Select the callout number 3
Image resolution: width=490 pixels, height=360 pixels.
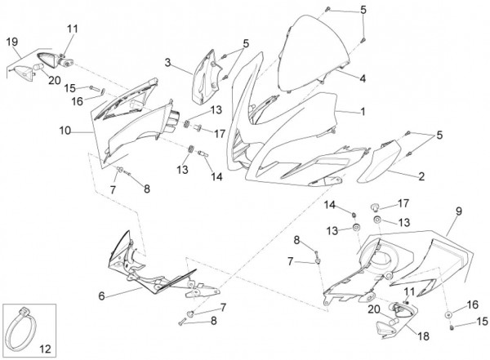(x=167, y=62)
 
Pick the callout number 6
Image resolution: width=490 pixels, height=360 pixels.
(x=102, y=296)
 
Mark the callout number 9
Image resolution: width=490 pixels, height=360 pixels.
(x=458, y=211)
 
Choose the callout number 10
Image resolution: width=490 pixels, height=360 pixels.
(x=64, y=130)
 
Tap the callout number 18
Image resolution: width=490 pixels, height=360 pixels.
(x=423, y=335)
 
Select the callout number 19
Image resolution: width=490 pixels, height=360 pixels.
(x=11, y=42)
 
